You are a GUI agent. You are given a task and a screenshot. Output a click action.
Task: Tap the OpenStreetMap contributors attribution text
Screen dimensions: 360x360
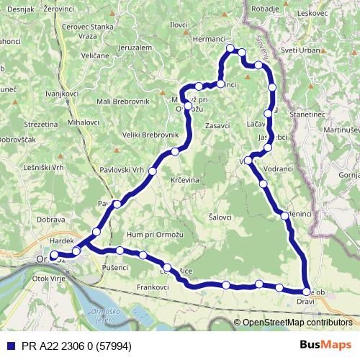pyautogui.click(x=297, y=323)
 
